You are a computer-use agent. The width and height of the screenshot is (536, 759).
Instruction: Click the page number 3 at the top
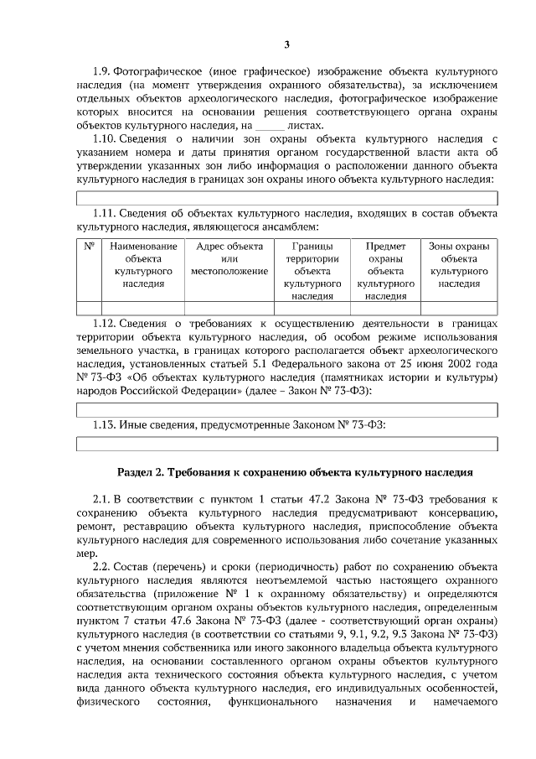286,44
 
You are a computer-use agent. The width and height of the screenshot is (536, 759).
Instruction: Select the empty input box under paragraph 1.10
287,198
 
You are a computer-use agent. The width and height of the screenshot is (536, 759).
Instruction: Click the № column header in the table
89,247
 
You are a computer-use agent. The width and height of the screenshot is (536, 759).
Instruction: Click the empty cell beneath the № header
89,307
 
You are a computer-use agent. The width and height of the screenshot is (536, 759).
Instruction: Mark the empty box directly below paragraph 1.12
287,409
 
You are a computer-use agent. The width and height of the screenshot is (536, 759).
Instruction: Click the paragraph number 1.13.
103,425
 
